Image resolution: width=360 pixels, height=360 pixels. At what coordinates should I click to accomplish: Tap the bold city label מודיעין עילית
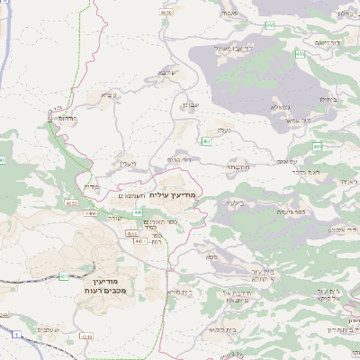tap(175, 194)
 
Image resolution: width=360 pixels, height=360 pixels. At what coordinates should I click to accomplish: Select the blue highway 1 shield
tap(16, 333)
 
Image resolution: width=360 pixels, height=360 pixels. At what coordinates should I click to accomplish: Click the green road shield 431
tap(63, 275)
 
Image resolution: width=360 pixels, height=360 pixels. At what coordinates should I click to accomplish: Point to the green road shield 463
tap(207, 140)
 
